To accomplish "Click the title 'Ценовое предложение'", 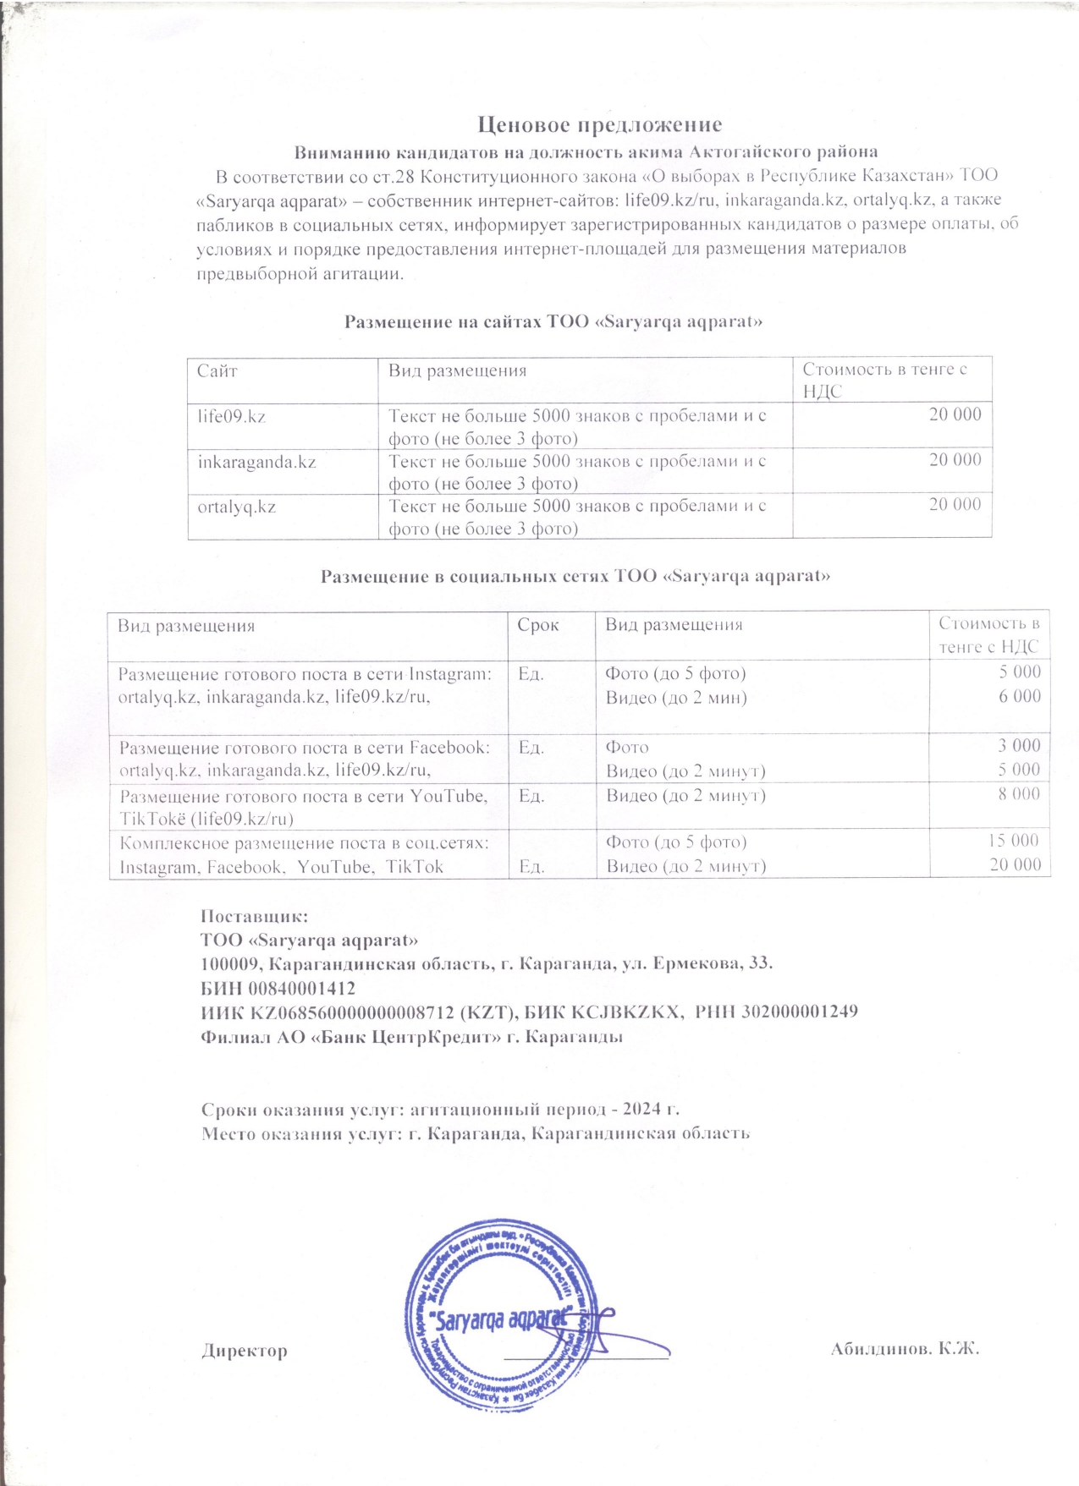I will point(599,125).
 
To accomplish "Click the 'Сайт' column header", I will point(217,370).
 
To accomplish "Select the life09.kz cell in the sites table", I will point(232,416).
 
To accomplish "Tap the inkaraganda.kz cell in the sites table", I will point(256,462).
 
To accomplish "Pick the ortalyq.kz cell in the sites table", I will point(237,507).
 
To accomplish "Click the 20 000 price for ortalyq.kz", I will point(955,505).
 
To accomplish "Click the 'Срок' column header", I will point(538,625).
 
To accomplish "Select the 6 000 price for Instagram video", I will point(1019,697).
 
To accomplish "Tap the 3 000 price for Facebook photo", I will point(1019,745).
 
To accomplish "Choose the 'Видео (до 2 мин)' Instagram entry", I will point(676,698).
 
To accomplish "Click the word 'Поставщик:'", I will point(255,916).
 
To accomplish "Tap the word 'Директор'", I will point(244,1351).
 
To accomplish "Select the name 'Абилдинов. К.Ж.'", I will point(905,1348).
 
